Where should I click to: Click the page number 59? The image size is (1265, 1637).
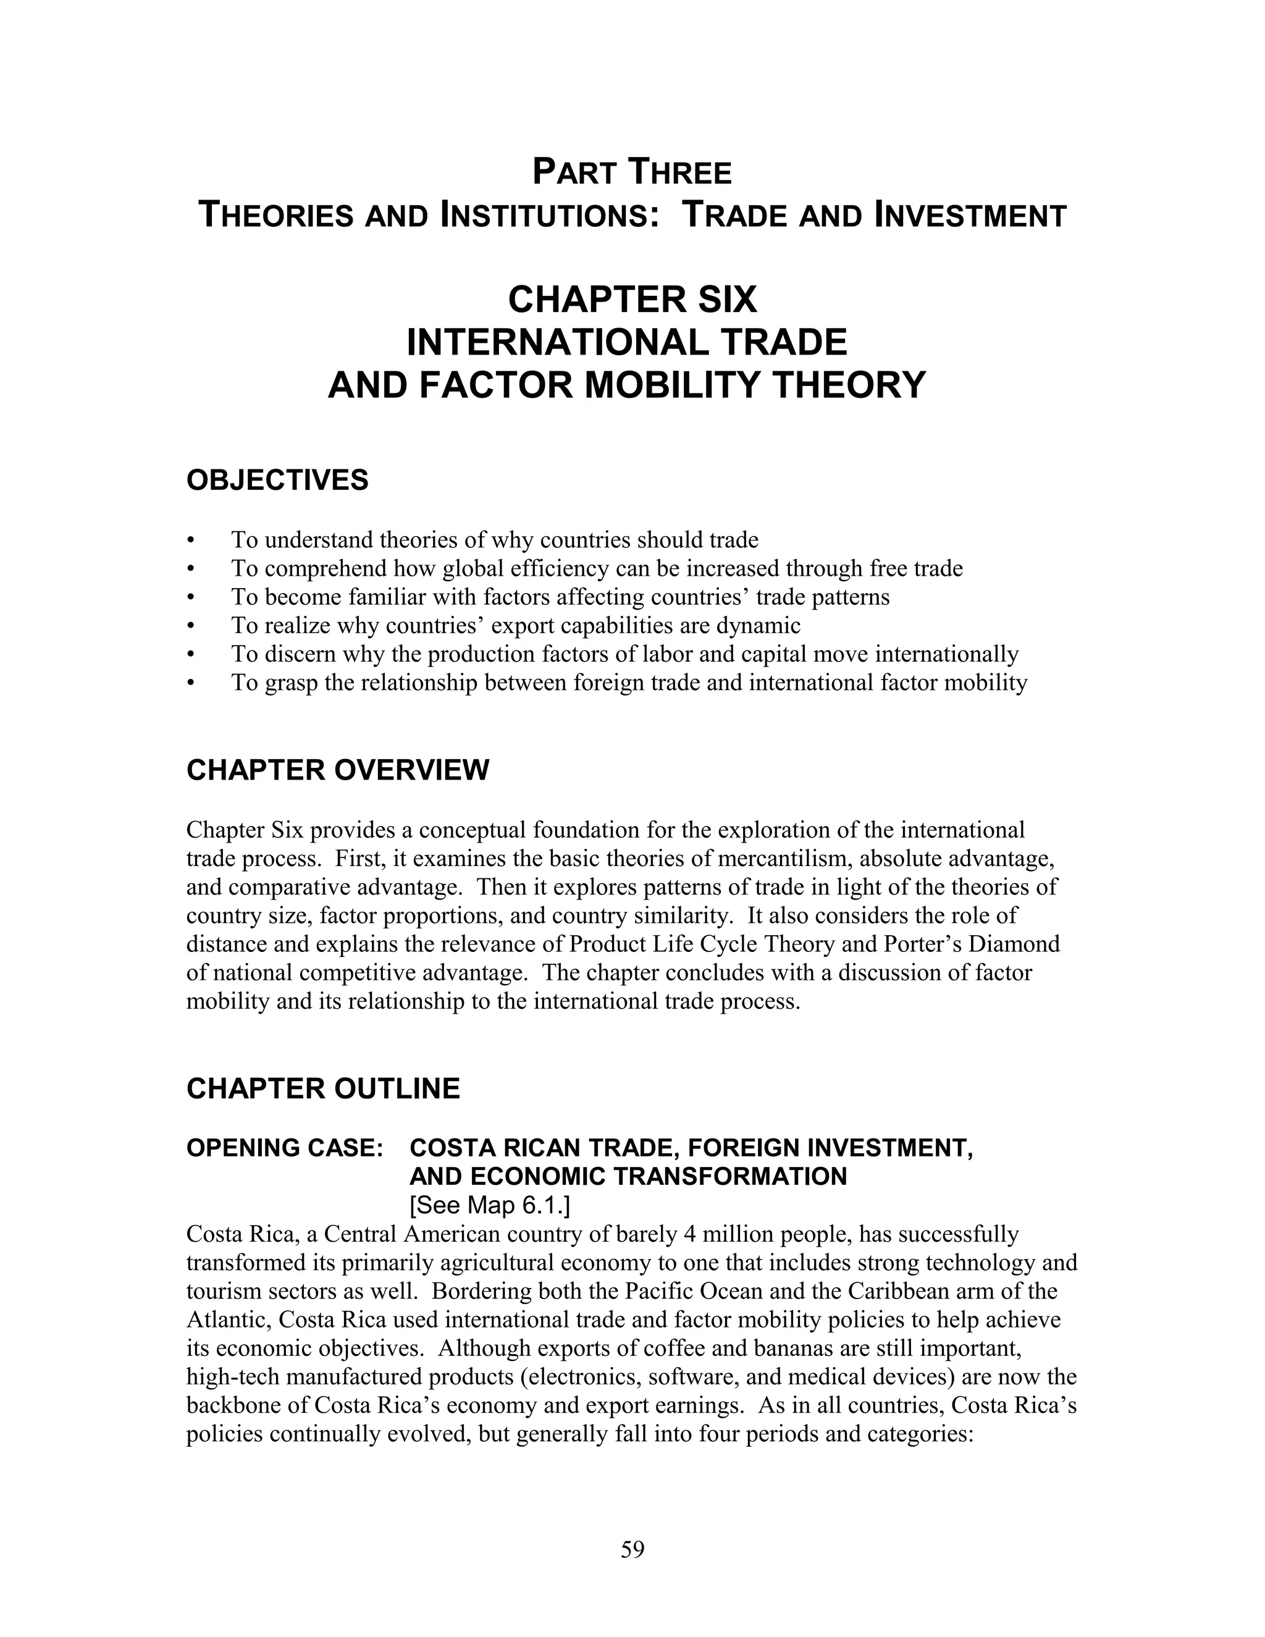point(632,1550)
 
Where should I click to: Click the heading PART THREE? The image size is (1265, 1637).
point(632,172)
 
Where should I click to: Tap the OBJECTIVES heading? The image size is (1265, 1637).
point(277,481)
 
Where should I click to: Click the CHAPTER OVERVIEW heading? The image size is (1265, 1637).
point(337,770)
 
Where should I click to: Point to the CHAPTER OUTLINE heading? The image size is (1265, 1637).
point(323,1089)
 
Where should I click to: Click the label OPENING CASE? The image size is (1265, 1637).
point(285,1148)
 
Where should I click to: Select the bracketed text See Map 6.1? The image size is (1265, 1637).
point(489,1205)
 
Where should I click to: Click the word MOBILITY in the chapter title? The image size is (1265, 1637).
point(672,385)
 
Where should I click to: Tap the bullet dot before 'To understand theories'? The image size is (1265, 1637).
point(192,541)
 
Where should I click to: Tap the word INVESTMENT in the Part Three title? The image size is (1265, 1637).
point(970,216)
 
